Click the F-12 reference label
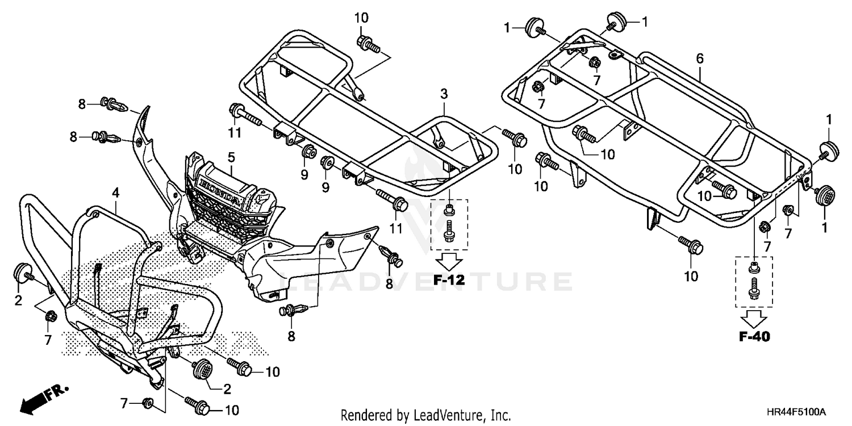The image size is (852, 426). [449, 279]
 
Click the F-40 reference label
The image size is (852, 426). [754, 337]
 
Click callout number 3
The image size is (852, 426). [444, 93]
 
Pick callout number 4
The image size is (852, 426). [115, 193]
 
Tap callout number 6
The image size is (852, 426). [699, 58]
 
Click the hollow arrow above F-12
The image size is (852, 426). [449, 261]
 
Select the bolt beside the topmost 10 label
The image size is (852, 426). [367, 43]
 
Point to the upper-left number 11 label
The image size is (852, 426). [235, 133]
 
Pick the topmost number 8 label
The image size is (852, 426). [82, 103]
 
